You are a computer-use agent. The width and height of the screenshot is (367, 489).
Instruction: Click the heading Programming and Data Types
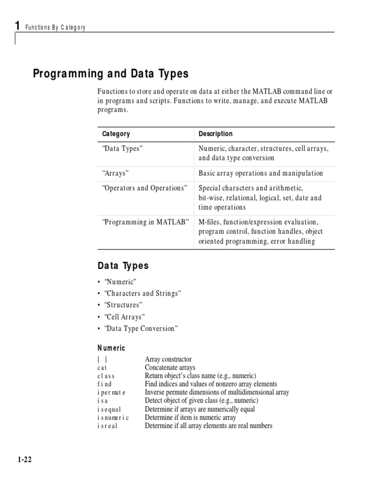[110, 74]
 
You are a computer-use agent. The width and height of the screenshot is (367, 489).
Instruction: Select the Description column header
[216, 134]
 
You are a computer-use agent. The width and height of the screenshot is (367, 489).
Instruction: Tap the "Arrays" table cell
[116, 173]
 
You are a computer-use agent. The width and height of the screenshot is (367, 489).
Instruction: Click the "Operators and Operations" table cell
[145, 188]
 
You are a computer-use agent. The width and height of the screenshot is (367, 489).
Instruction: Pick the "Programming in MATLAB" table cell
[146, 222]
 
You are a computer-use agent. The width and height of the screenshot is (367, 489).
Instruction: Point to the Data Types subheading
[123, 266]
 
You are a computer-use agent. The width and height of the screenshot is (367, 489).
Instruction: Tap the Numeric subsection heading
[111, 349]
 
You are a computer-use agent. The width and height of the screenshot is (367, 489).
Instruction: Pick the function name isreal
[108, 426]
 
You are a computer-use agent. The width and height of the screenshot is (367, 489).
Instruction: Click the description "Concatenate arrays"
[170, 368]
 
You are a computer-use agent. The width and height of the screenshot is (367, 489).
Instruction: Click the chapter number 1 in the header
[18, 26]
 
